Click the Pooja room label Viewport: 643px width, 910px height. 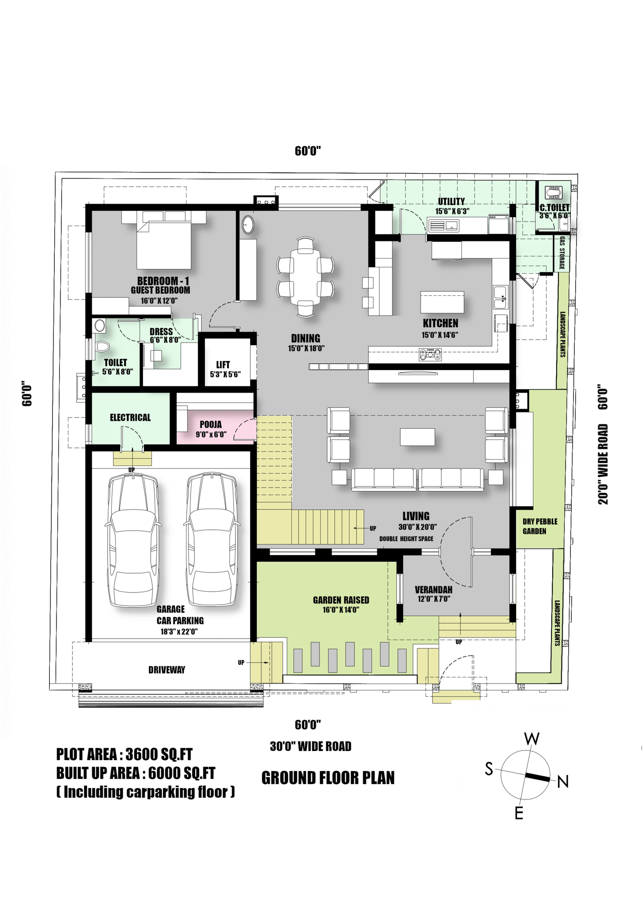(x=211, y=424)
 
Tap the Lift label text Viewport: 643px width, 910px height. (x=223, y=364)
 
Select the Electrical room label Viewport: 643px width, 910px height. (x=130, y=417)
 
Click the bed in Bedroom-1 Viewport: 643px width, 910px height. (x=164, y=245)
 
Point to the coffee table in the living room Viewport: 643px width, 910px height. (x=417, y=437)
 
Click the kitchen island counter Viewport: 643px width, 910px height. (x=442, y=302)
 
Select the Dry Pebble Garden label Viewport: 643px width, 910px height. (x=540, y=526)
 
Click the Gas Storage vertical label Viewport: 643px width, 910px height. (x=562, y=252)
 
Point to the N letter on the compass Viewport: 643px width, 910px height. (x=563, y=782)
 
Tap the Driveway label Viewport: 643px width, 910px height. (x=167, y=670)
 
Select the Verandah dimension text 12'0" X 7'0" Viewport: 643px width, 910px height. (x=434, y=599)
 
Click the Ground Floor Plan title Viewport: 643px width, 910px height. (x=328, y=778)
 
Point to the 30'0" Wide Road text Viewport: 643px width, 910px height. (x=311, y=746)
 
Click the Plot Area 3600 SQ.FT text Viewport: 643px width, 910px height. (x=124, y=754)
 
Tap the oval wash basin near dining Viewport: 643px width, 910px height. (x=247, y=224)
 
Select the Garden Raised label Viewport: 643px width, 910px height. (x=341, y=600)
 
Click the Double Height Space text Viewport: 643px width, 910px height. (x=406, y=539)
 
